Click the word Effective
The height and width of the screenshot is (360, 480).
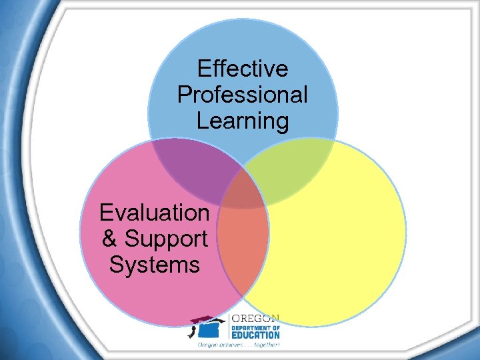tap(243, 69)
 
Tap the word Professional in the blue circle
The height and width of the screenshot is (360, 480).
tap(243, 95)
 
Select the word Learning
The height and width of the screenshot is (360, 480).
tap(243, 121)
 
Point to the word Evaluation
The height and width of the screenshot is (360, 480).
tap(154, 213)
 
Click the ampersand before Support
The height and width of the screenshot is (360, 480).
tap(110, 239)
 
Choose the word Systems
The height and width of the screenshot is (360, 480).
tap(154, 265)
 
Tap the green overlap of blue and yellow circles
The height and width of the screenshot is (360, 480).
tap(293, 167)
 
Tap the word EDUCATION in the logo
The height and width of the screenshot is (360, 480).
tap(255, 335)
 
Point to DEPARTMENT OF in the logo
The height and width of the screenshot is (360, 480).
tap(255, 327)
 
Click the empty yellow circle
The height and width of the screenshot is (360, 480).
tap(333, 233)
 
